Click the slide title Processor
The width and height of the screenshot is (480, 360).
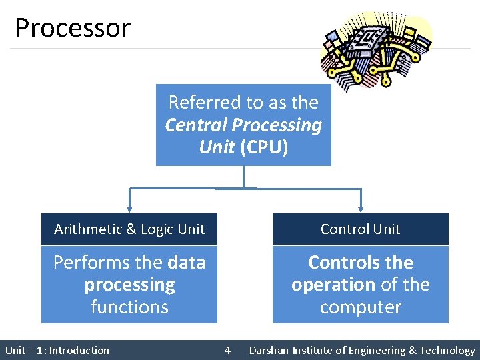tap(73, 28)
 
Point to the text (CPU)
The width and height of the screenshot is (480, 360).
tap(264, 147)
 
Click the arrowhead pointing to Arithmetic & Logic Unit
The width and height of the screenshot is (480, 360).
tap(129, 207)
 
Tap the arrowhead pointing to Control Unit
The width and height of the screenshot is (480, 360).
tap(361, 207)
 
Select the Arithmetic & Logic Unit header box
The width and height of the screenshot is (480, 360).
tap(129, 229)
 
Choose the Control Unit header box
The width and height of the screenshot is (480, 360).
tap(360, 229)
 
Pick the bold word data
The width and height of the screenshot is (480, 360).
tap(187, 263)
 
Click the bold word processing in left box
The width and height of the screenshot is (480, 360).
tap(129, 285)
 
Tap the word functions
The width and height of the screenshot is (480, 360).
tap(129, 307)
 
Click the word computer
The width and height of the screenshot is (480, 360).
tap(361, 307)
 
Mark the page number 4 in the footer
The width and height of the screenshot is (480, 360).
tap(227, 350)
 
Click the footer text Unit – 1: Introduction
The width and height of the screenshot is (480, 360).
tap(57, 350)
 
